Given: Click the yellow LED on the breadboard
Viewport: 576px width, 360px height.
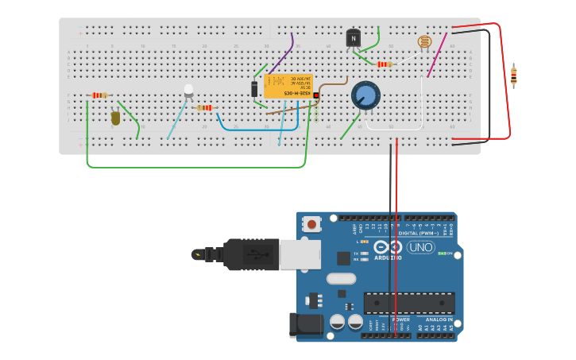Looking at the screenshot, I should pos(116,118).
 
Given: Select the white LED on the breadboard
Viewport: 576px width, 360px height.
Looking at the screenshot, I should pos(188,91).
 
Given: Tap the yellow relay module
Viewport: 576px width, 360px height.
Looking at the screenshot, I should pos(288,86).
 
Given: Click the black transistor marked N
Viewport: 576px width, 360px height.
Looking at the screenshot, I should pos(354,37).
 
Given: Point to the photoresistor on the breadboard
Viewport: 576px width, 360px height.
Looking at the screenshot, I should pos(424,41).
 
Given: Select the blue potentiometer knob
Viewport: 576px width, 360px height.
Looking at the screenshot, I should pos(365,95).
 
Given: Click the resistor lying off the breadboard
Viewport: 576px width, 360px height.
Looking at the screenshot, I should pos(514,76).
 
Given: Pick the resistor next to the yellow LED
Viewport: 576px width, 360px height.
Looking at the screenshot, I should pos(99,95).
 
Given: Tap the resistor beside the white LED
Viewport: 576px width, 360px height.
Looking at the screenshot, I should pos(205,107).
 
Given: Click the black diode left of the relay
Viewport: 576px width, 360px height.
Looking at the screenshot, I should pos(254,89).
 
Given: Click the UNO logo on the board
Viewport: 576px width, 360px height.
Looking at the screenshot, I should pos(420,247).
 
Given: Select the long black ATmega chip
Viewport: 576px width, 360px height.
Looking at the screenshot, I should pos(409,303).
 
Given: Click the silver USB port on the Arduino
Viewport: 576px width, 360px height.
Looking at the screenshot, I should pos(300,254).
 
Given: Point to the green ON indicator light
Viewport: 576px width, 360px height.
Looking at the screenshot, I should pos(442,254).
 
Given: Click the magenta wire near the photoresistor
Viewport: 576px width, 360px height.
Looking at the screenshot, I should pos(437,56).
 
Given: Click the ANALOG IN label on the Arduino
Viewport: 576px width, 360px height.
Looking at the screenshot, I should pos(439,319).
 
